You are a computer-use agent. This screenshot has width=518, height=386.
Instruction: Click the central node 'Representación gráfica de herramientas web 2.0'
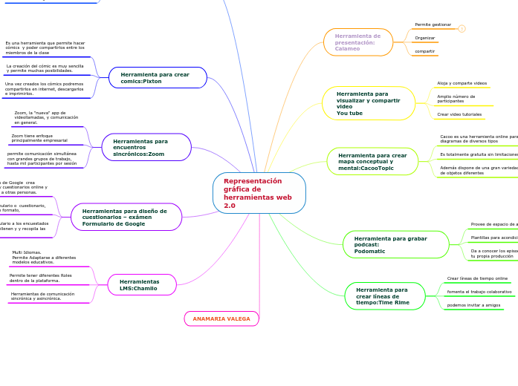pos(259,193)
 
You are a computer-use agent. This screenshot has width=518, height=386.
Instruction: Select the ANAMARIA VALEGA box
pos(221,318)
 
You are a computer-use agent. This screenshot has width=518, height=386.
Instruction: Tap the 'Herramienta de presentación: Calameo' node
pos(358,42)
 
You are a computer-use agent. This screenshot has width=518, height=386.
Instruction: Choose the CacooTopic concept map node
pos(372,161)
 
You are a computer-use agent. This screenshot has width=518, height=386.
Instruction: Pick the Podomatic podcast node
pos(396,244)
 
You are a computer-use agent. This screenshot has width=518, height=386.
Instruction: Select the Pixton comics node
pos(158,77)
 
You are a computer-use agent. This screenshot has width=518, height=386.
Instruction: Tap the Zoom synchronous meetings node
pos(146,147)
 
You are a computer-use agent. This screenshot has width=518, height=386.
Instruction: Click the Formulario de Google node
pos(126,217)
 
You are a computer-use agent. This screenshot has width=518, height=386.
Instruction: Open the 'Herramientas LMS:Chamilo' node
pos(142,285)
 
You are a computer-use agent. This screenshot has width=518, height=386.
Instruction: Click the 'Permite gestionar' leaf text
pos(433,24)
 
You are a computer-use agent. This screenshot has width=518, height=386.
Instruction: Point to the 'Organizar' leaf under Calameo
pos(425,38)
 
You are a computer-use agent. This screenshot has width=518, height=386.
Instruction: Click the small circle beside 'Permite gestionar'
pos(462,29)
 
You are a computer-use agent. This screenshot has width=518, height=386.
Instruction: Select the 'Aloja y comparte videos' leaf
pos(462,83)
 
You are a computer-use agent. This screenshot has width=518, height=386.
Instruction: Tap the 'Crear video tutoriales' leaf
pos(459,114)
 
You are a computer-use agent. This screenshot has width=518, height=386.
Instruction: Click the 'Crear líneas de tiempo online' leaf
pos(477,278)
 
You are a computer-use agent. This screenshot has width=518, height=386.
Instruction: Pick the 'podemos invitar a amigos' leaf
pos(473,305)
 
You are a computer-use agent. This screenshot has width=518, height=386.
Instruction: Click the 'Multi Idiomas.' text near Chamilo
pos(27,252)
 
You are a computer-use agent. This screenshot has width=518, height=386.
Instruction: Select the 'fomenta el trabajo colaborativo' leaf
pos(479,292)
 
